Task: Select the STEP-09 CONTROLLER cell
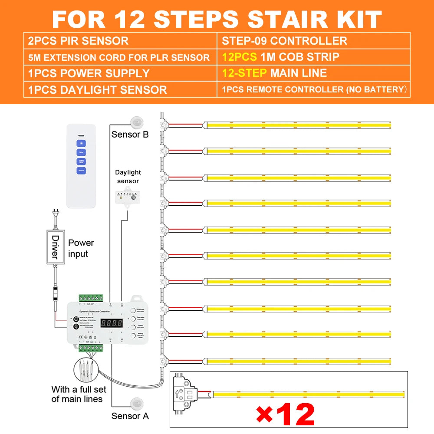pyautogui.click(x=284, y=41)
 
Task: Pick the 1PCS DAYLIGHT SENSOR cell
pyautogui.click(x=97, y=90)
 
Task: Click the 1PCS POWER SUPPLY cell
pyautogui.click(x=89, y=73)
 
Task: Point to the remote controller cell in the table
pyautogui.click(x=313, y=90)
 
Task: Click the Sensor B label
pyautogui.click(x=130, y=134)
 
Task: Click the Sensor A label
pyautogui.click(x=130, y=416)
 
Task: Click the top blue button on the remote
pyautogui.click(x=82, y=143)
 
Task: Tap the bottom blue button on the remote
pyautogui.click(x=82, y=171)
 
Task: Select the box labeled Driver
pyautogui.click(x=55, y=247)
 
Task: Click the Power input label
pyautogui.click(x=81, y=248)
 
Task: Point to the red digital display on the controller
pyautogui.click(x=111, y=323)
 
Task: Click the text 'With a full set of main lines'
pyautogui.click(x=77, y=394)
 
